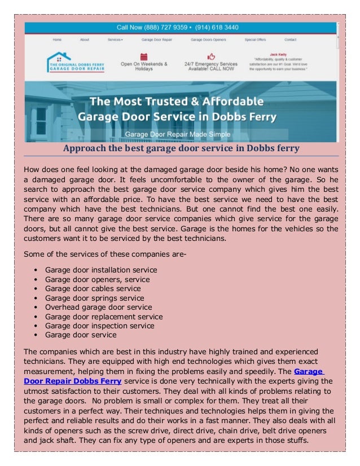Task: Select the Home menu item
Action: tap(57, 40)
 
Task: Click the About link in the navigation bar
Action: tap(85, 40)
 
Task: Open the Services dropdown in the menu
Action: tap(115, 40)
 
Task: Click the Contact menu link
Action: tap(290, 40)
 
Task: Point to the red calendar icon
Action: tap(144, 57)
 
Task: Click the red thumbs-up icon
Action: tap(211, 56)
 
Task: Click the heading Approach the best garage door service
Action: tap(180, 148)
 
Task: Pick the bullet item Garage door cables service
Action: tap(93, 288)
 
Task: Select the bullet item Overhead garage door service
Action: tap(98, 307)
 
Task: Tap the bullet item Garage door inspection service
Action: tap(99, 326)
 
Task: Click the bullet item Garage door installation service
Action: tap(101, 270)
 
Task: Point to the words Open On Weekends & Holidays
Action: tap(144, 67)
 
